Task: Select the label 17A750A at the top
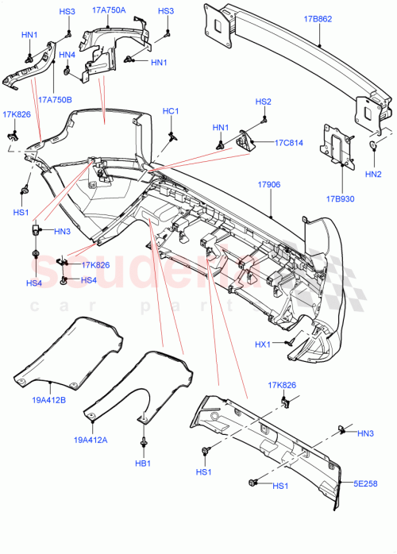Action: (x=109, y=11)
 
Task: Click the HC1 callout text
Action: (x=171, y=111)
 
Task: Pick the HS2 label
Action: (x=263, y=102)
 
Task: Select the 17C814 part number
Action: (x=289, y=143)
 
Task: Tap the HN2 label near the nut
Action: (x=372, y=173)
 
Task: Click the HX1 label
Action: (x=263, y=344)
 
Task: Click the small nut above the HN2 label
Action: (x=372, y=144)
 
